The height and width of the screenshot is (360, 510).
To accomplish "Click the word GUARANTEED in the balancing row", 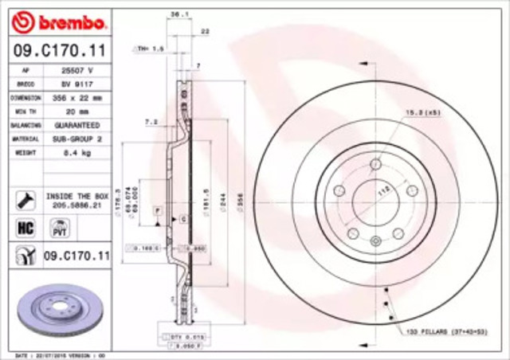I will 76,126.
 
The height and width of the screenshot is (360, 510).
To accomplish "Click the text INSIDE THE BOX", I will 76,195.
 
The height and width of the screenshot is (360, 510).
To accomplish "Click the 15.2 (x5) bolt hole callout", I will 423,111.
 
